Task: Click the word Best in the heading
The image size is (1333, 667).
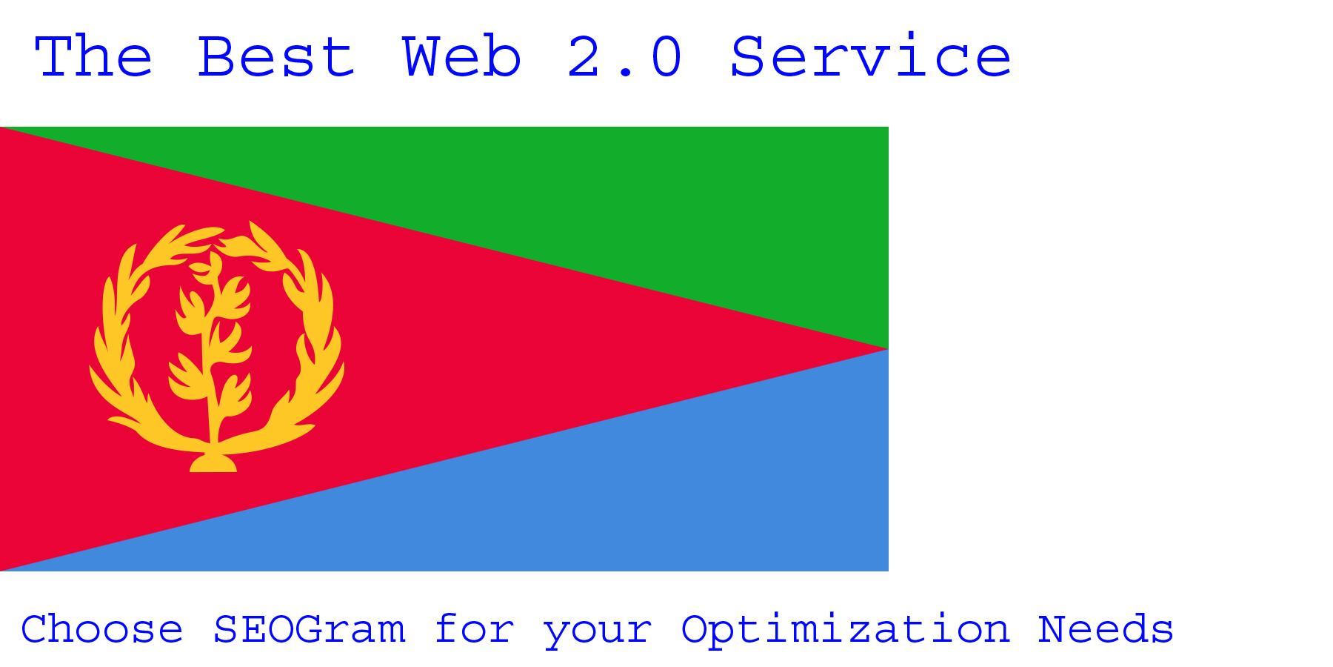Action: point(275,57)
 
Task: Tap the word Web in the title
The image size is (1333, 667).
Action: point(462,57)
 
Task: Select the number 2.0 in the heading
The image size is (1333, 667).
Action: point(624,57)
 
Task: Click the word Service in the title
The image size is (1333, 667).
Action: point(870,57)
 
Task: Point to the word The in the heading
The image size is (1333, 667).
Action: point(93,57)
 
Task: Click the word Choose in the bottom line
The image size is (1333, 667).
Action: point(101,630)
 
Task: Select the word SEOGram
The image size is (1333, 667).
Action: point(309,630)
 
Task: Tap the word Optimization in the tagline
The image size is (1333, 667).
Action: point(845,630)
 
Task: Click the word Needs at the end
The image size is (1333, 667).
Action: point(1105,630)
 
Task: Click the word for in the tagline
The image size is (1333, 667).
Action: point(474,630)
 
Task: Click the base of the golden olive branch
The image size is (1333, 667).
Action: point(213,463)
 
